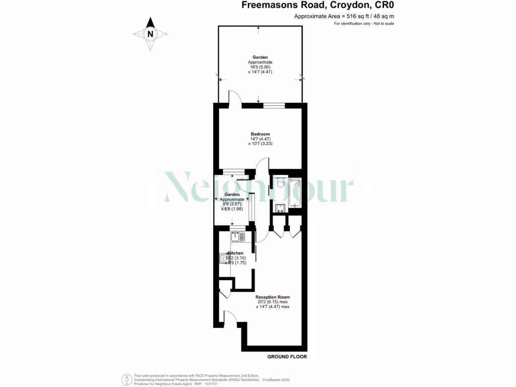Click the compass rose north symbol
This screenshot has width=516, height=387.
(150, 34)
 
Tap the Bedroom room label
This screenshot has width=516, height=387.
(260, 134)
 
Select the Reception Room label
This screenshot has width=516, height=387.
(273, 297)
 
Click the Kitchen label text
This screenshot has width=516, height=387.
(235, 253)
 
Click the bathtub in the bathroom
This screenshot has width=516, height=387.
(295, 193)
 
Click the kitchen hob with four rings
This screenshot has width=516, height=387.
(223, 259)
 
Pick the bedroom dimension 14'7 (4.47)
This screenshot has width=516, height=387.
(260, 139)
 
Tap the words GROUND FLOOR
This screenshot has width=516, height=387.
(287, 357)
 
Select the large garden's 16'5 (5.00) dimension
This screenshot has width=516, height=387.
(260, 67)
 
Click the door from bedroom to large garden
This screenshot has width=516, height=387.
(234, 97)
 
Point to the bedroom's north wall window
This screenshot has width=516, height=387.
(274, 105)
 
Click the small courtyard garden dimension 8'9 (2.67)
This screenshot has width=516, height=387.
(232, 204)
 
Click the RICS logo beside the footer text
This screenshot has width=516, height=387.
(126, 379)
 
